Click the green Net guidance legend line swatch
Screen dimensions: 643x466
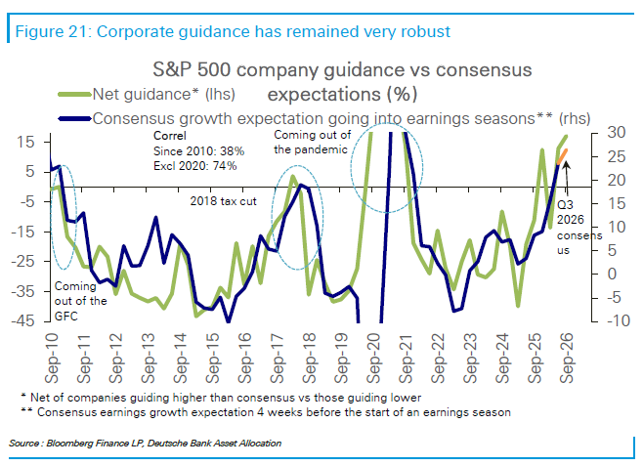pyautogui.click(x=74, y=95)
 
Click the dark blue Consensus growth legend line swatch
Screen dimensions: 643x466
pyautogui.click(x=74, y=119)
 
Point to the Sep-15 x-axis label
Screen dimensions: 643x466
pyautogui.click(x=212, y=358)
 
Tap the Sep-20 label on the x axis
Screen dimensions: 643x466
pyautogui.click(x=373, y=358)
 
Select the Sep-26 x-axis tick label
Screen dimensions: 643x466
pyautogui.click(x=567, y=358)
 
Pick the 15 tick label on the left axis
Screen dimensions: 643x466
pyautogui.click(x=26, y=143)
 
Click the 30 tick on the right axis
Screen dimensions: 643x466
pyautogui.click(x=617, y=133)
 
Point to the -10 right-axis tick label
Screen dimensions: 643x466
pyautogui.click(x=613, y=320)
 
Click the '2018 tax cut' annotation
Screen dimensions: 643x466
pyautogui.click(x=223, y=201)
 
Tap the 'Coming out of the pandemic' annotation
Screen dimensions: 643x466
pyautogui.click(x=313, y=143)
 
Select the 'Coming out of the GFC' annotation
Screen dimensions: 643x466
pyautogui.click(x=80, y=301)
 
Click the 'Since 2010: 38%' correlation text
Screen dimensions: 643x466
pyautogui.click(x=199, y=151)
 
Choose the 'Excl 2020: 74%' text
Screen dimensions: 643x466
pyautogui.click(x=195, y=166)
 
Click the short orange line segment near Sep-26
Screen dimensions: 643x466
pyautogui.click(x=562, y=157)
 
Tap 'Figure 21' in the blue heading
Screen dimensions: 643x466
pyautogui.click(x=52, y=31)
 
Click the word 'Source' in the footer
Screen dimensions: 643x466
pyautogui.click(x=23, y=444)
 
